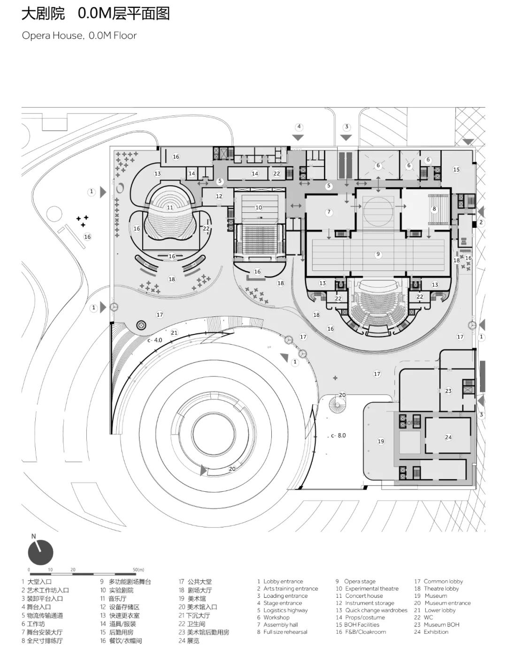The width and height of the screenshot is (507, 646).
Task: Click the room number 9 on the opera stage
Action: click(378, 255)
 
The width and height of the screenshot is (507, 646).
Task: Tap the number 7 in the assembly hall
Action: click(329, 212)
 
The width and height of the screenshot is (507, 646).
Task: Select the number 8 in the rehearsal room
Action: click(434, 209)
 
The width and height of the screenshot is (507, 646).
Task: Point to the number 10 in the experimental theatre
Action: click(259, 208)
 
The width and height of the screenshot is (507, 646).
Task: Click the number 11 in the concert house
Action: click(170, 208)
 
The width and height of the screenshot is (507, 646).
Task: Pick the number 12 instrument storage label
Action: click(219, 196)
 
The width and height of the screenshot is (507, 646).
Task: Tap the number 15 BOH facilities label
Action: click(456, 170)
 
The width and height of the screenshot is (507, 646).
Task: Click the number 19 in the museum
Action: click(381, 441)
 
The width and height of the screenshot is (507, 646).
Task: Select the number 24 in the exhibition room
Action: click(448, 437)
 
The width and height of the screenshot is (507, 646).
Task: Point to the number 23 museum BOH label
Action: click(448, 391)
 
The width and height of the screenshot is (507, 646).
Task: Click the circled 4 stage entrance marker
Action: click(299, 127)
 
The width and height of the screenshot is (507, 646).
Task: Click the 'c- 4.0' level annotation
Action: click(154, 340)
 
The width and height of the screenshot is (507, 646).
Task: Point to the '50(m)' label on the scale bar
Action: click(138, 570)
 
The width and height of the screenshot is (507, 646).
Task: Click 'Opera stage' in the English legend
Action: click(360, 581)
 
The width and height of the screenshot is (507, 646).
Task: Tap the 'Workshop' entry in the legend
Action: click(276, 617)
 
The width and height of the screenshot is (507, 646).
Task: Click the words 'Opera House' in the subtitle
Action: click(52, 36)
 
